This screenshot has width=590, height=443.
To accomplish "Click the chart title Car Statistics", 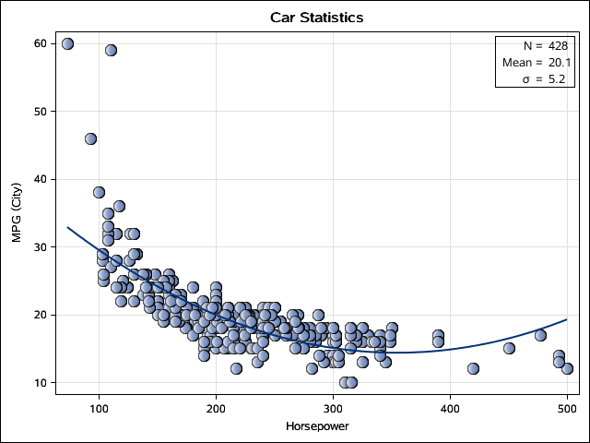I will (316, 18).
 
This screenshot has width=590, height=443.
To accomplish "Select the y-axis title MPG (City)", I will (17, 213).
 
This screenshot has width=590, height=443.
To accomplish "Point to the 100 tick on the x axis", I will (99, 410).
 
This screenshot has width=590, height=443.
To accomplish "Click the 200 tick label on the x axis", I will (216, 410).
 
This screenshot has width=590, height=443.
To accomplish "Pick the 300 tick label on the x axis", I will (333, 410).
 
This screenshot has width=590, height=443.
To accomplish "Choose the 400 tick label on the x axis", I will (450, 410).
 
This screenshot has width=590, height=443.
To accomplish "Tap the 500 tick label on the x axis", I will (567, 410).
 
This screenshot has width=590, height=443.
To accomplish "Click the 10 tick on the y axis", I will (41, 382).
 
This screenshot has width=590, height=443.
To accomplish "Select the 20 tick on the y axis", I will (41, 315).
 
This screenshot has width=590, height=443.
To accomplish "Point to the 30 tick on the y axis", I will (41, 246).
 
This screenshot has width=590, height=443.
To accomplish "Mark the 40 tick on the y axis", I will (41, 179).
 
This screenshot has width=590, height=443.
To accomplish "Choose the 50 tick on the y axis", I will (41, 111).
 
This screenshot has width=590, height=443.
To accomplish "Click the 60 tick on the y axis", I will (41, 43).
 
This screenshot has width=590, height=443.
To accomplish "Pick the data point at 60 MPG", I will (67, 43).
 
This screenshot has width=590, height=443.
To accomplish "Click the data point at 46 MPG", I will (90, 138).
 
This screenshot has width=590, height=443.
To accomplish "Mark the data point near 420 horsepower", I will (473, 368).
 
